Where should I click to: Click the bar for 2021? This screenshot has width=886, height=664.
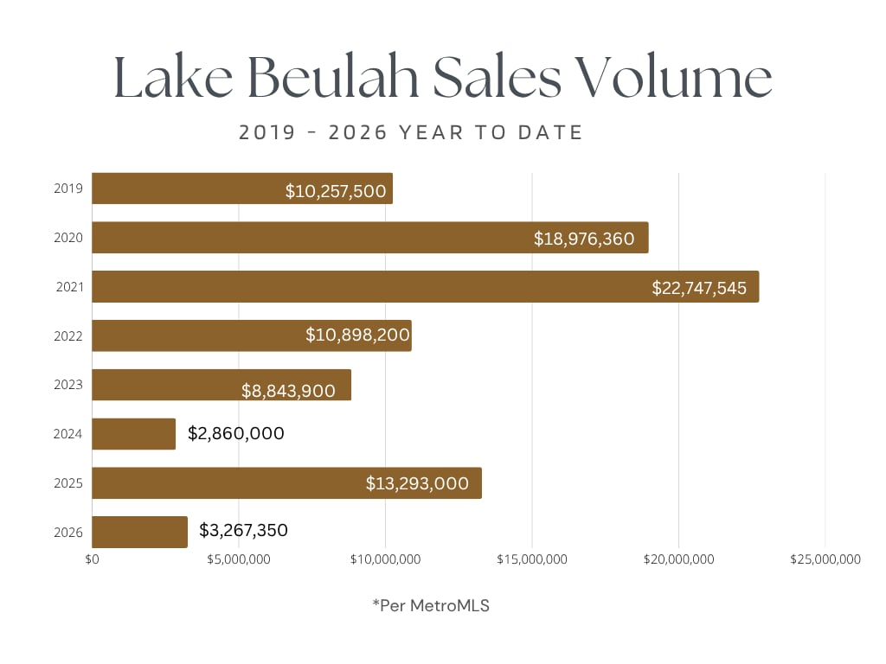pyautogui.click(x=425, y=286)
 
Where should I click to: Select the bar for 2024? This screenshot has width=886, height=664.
pyautogui.click(x=133, y=434)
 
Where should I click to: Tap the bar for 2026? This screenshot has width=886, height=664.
pyautogui.click(x=139, y=532)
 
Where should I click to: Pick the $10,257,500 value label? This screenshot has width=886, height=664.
pyautogui.click(x=336, y=191)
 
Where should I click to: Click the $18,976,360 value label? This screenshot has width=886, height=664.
pyautogui.click(x=584, y=239)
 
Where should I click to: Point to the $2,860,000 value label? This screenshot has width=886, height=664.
pyautogui.click(x=235, y=433)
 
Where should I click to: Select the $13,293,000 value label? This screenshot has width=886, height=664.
pyautogui.click(x=417, y=483)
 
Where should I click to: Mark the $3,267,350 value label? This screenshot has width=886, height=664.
pyautogui.click(x=243, y=530)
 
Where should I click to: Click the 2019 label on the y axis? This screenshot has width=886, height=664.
pyautogui.click(x=68, y=188)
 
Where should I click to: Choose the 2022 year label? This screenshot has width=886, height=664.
pyautogui.click(x=68, y=335)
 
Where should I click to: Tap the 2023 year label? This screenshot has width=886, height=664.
pyautogui.click(x=68, y=385)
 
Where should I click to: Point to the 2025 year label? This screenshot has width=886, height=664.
pyautogui.click(x=68, y=482)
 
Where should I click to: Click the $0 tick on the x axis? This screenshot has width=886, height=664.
pyautogui.click(x=93, y=559)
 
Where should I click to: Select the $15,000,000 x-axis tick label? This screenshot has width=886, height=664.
pyautogui.click(x=532, y=559)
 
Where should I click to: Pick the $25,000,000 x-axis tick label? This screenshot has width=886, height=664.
pyautogui.click(x=825, y=559)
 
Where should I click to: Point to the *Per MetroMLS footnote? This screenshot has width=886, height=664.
pyautogui.click(x=431, y=606)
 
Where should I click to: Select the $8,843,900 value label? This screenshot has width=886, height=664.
pyautogui.click(x=288, y=391)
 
